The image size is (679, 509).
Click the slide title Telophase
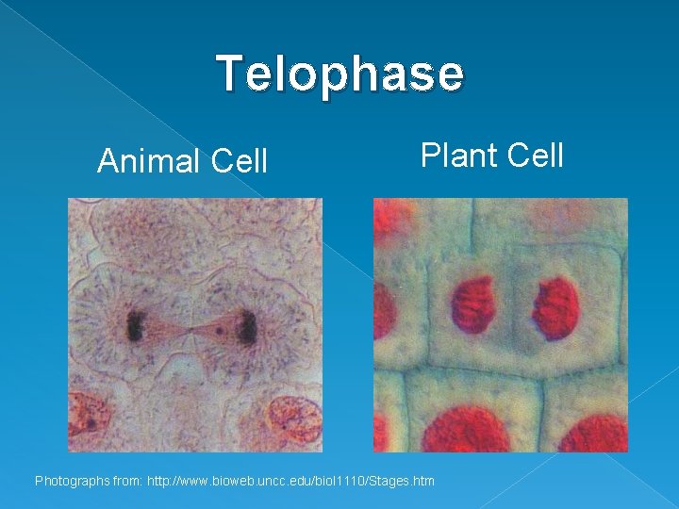pos(339,74)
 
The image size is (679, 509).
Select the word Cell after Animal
pos(240,162)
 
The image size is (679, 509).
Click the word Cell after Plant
pos(534,155)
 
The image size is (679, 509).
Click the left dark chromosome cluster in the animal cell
pos(137,326)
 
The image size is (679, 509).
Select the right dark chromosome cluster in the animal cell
pos(247,328)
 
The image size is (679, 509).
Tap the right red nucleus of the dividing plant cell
pos(556,307)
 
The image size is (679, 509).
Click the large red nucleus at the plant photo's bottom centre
pos(464,430)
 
